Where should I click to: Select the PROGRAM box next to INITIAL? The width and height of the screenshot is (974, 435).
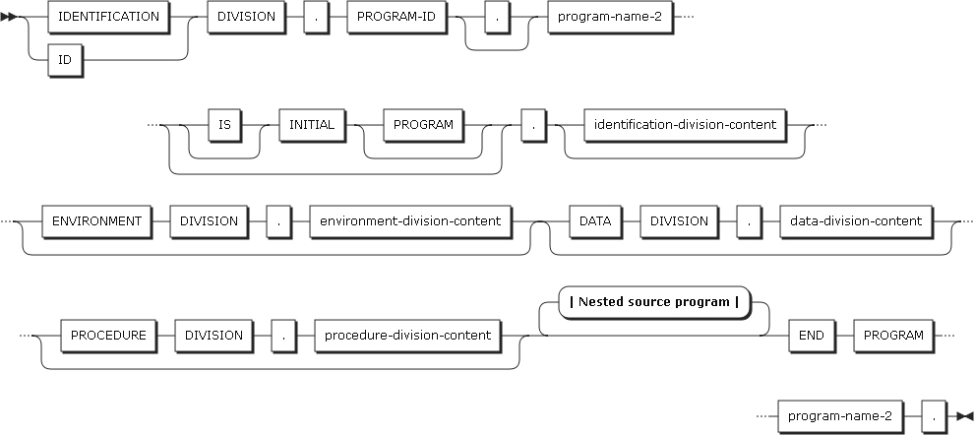[x=423, y=125]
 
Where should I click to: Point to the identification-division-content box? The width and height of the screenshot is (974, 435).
[x=686, y=125]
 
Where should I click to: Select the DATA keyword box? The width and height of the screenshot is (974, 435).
[x=594, y=220]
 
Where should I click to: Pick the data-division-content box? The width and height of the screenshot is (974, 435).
[x=856, y=220]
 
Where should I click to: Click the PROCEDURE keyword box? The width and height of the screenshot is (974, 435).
[x=108, y=335]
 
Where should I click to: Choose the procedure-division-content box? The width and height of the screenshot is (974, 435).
[x=406, y=335]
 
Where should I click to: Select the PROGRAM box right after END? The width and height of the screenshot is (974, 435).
[x=892, y=335]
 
